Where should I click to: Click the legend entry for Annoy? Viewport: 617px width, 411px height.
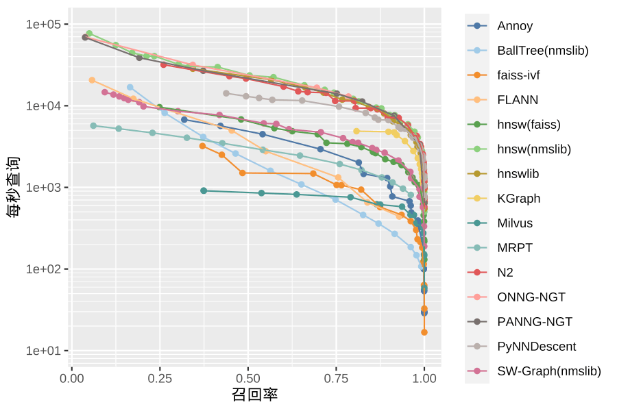click(x=515, y=26)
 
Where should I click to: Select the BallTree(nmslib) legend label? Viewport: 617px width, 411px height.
click(x=542, y=51)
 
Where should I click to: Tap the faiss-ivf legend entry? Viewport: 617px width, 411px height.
click(x=518, y=75)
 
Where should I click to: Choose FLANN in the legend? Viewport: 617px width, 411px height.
click(x=518, y=100)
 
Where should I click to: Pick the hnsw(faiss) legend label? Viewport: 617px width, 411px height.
click(x=529, y=125)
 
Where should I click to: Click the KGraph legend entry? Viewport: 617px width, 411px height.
click(x=518, y=199)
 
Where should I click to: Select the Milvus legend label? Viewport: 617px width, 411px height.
click(x=515, y=223)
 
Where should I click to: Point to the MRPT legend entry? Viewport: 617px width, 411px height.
click(x=515, y=248)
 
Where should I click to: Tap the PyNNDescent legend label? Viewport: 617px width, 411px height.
click(x=536, y=347)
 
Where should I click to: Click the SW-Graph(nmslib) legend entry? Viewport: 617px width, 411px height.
click(x=548, y=371)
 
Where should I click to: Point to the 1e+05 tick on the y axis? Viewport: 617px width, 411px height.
click(x=44, y=25)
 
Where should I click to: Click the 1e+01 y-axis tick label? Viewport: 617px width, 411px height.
click(x=44, y=351)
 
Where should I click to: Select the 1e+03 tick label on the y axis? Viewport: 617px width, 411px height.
click(x=44, y=188)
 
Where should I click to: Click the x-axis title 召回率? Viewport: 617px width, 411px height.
click(x=255, y=395)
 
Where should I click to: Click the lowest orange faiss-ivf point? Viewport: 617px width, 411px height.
click(x=424, y=332)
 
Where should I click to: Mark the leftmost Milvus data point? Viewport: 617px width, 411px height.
click(x=204, y=190)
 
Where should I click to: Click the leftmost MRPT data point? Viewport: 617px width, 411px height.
click(x=93, y=125)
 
